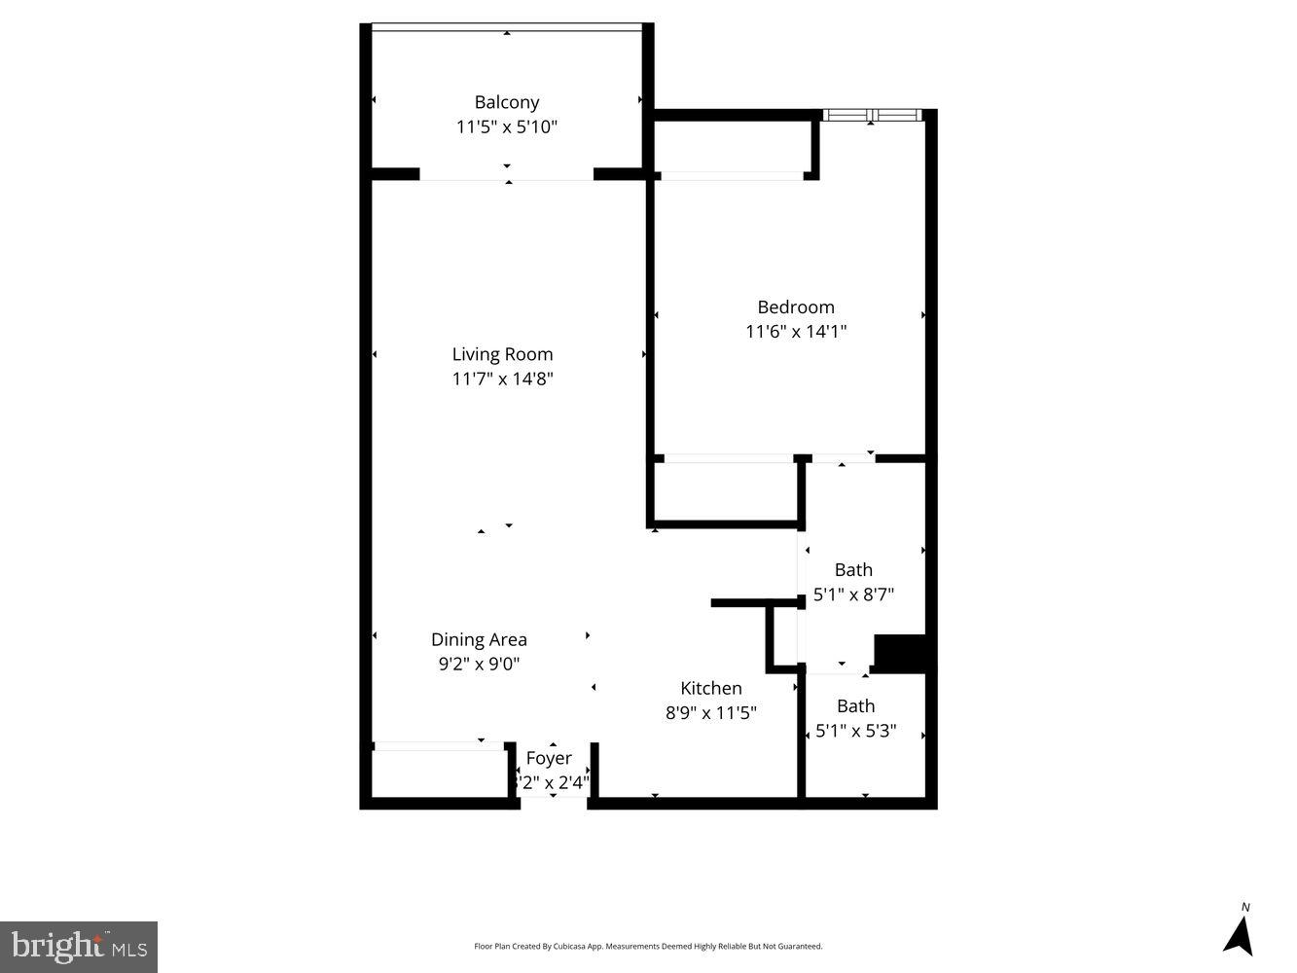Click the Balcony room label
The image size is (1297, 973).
(506, 102)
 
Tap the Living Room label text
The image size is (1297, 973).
(502, 354)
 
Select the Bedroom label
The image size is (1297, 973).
(795, 307)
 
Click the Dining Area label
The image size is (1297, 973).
(479, 639)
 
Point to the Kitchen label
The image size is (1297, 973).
(710, 688)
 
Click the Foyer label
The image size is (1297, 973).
(549, 758)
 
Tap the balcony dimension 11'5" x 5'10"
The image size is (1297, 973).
(506, 126)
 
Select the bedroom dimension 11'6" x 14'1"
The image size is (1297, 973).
(795, 332)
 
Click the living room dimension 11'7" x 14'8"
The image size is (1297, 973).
(502, 378)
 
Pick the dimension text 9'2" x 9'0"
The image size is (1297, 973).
(479, 664)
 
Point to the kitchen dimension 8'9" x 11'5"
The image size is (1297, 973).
(710, 712)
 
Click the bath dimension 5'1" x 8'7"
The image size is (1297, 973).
(853, 594)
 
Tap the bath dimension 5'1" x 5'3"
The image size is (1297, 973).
(855, 730)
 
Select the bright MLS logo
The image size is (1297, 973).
(78, 946)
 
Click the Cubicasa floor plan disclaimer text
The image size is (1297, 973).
(648, 946)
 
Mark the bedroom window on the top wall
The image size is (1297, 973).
(872, 115)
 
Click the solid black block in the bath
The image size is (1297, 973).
(900, 652)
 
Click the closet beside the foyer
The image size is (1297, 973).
(440, 775)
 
